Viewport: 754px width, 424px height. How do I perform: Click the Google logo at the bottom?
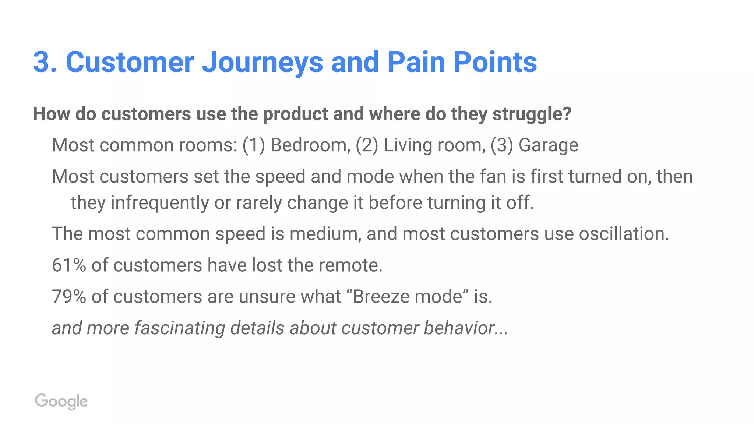[61, 401]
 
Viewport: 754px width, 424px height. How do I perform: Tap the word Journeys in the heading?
[262, 63]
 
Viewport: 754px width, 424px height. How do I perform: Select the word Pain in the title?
[416, 62]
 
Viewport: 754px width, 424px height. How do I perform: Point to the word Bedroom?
[310, 145]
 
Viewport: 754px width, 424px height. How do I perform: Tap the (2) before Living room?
[367, 145]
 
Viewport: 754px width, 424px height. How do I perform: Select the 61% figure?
[69, 265]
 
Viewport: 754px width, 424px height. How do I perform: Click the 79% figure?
[69, 297]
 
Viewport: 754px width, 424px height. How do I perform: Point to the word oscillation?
[623, 234]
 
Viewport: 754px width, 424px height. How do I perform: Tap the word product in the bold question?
[295, 114]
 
